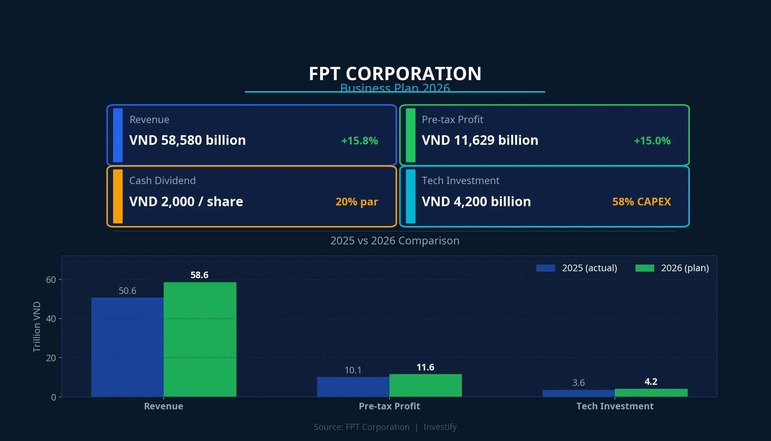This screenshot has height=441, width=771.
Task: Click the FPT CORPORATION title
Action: pyautogui.click(x=395, y=74)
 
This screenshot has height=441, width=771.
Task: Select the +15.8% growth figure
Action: pyautogui.click(x=359, y=141)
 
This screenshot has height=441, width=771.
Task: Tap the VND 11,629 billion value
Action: pyautogui.click(x=479, y=140)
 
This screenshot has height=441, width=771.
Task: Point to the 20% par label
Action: pyautogui.click(x=356, y=202)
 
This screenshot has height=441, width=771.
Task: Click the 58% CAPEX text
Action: pyautogui.click(x=641, y=202)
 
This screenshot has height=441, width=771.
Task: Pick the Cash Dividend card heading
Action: pyautogui.click(x=162, y=180)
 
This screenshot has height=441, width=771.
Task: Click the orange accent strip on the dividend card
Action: pyautogui.click(x=118, y=196)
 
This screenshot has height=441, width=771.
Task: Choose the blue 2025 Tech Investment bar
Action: pyautogui.click(x=578, y=393)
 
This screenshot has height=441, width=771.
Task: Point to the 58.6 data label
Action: pyautogui.click(x=199, y=275)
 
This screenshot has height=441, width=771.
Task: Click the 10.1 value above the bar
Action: pyautogui.click(x=353, y=370)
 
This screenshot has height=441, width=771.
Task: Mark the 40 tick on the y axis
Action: pyautogui.click(x=51, y=319)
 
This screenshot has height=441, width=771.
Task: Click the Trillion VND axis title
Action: pyautogui.click(x=37, y=327)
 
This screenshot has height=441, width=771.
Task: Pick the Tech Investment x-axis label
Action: pyautogui.click(x=615, y=406)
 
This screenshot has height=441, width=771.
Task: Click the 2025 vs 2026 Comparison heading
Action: pyautogui.click(x=395, y=241)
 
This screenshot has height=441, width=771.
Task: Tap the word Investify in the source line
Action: pyautogui.click(x=439, y=427)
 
